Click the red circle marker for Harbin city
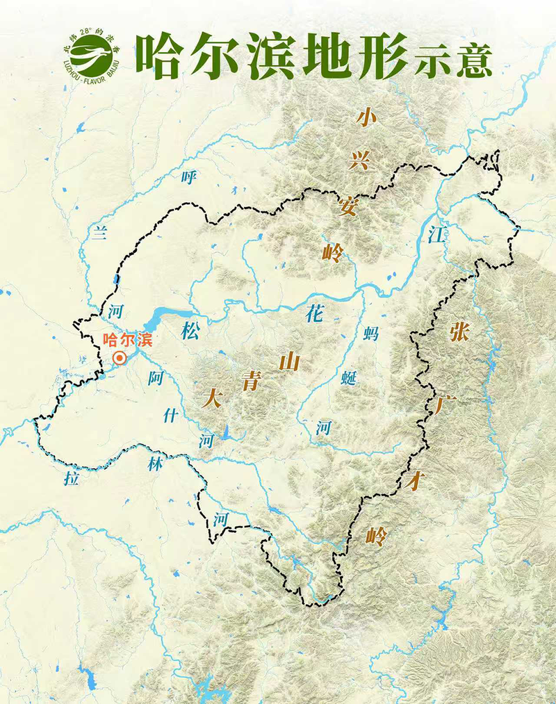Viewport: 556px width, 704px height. click(x=120, y=358)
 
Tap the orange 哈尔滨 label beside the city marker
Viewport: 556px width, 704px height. click(x=126, y=341)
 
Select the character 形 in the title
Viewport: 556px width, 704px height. click(x=379, y=55)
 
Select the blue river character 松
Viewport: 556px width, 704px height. click(x=190, y=331)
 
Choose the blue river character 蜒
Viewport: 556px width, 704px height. click(x=350, y=379)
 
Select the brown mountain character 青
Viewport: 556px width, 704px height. click(x=251, y=382)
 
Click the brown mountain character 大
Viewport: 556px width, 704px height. click(x=211, y=398)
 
